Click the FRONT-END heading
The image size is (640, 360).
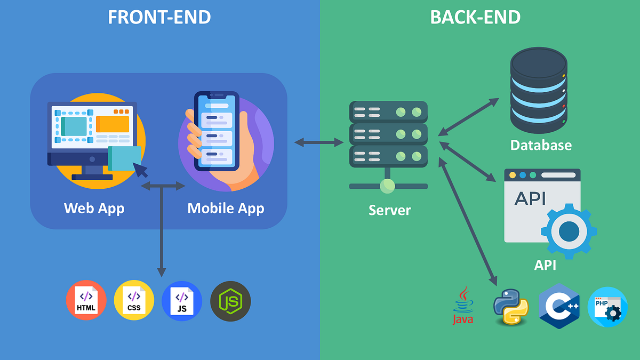(159, 17)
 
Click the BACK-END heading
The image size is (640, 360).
(475, 17)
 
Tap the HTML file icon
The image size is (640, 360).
(86, 300)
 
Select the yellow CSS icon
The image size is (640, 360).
(134, 300)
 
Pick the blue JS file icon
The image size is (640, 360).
(182, 300)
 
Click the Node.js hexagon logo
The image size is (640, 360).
(230, 301)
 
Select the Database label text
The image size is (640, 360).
(540, 145)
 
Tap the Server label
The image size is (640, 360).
(389, 210)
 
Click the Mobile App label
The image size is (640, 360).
(226, 208)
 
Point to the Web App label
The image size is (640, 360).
(94, 208)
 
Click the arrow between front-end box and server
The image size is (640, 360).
(319, 142)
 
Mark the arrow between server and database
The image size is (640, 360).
(468, 116)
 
